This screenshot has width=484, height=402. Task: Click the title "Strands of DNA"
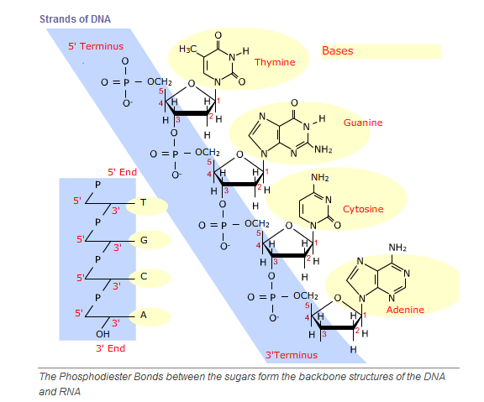click(75, 19)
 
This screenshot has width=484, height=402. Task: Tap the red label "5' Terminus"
click(96, 46)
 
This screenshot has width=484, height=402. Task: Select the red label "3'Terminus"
click(292, 355)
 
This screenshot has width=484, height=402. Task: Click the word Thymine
click(275, 62)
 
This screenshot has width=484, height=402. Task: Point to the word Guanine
click(363, 123)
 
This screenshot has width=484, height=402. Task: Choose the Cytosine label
click(363, 209)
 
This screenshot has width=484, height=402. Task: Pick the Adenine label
click(405, 310)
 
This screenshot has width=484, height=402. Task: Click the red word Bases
click(338, 50)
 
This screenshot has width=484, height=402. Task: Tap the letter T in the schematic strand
click(143, 202)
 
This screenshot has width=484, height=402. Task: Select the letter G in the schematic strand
click(144, 240)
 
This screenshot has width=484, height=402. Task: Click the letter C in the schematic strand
click(144, 276)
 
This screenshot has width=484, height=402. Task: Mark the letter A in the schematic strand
click(143, 315)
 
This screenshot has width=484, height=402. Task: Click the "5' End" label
click(122, 172)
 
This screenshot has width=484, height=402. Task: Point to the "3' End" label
click(111, 348)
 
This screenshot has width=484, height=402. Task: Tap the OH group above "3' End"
click(103, 334)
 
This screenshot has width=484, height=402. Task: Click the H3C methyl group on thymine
click(187, 49)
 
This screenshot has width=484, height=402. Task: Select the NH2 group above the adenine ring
click(397, 248)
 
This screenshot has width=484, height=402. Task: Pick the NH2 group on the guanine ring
click(324, 149)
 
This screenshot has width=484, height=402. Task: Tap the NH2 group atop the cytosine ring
click(320, 178)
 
